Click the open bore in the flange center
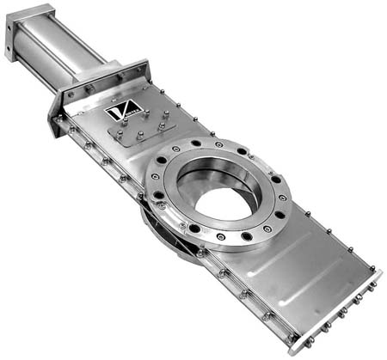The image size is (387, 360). click(x=226, y=204)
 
